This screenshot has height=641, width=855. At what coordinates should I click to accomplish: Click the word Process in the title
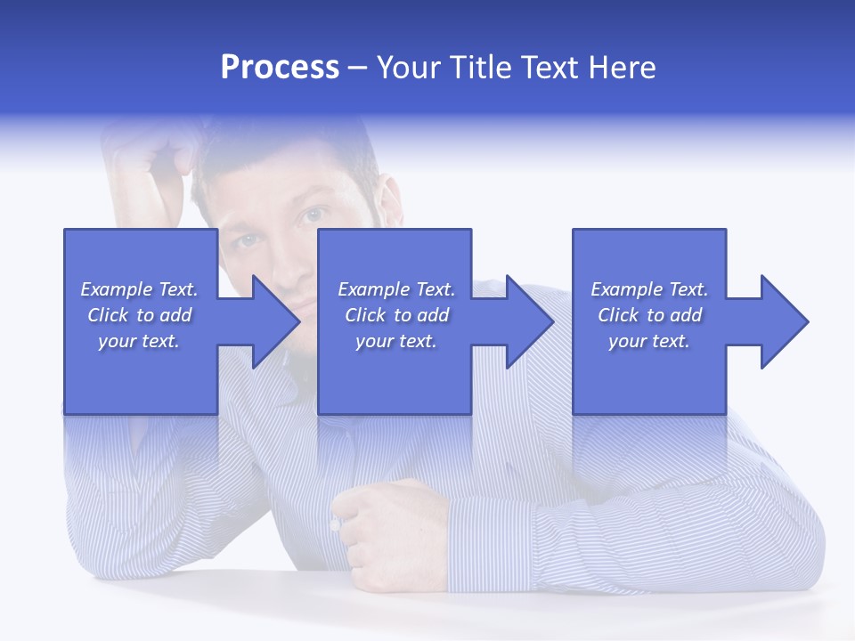point(280,68)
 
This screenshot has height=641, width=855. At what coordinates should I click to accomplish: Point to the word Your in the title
point(409,68)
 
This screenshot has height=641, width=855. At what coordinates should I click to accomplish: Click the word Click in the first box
point(109,315)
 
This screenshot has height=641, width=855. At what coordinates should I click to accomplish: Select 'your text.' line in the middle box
point(395,341)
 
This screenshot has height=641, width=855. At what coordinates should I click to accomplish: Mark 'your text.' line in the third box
point(648,341)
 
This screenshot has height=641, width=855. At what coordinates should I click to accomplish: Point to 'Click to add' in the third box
point(649,315)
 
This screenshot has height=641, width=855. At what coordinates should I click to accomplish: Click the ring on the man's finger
point(335,525)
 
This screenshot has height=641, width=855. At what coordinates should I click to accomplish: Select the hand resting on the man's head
point(147,160)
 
